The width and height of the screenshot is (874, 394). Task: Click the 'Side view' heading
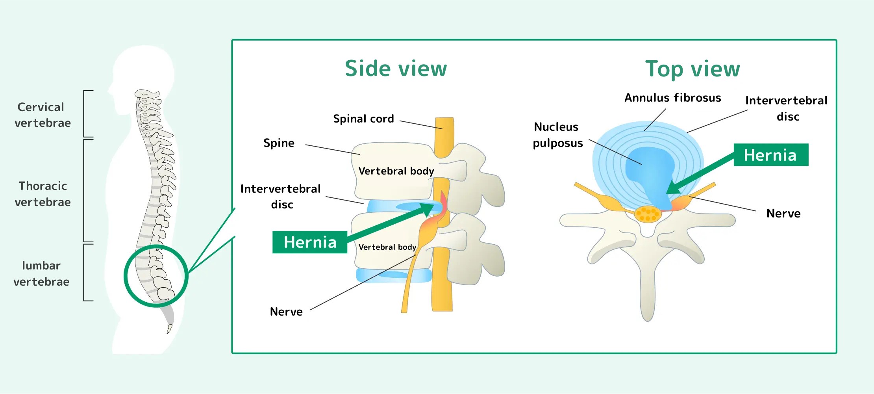[x=396, y=69]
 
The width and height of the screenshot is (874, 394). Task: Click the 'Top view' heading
[x=692, y=69]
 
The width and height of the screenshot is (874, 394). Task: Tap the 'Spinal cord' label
[x=363, y=119]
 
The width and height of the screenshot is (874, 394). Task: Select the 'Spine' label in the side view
[x=279, y=143]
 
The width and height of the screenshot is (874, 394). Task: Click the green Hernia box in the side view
[x=310, y=242]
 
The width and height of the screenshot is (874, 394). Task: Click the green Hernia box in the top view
[x=770, y=155]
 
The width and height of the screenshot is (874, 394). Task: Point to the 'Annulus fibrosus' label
[x=672, y=98]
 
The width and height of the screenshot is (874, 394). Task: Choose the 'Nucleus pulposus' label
[x=557, y=135]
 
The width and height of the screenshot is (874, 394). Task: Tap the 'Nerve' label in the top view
[x=783, y=214]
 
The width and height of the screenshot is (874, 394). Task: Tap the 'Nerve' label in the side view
[x=286, y=312]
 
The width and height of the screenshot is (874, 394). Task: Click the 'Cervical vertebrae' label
[x=43, y=115]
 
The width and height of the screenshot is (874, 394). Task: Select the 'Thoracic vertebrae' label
[x=43, y=194]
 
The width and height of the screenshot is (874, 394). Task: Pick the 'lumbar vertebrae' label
[x=41, y=273]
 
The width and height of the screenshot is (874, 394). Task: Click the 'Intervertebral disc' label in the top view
[x=786, y=108]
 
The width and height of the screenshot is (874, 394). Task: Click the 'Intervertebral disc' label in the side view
[x=281, y=196]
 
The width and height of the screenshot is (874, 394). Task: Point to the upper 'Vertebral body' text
[x=396, y=171]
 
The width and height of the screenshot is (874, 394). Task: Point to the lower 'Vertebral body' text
[x=387, y=247]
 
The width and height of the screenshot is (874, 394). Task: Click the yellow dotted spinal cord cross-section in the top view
[x=648, y=214]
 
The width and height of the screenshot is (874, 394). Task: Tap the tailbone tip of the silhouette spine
[x=169, y=329]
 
